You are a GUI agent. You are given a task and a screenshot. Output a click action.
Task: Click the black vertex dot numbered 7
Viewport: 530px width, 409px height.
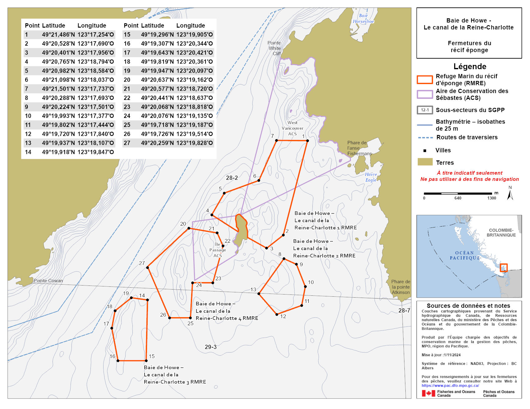[276, 141]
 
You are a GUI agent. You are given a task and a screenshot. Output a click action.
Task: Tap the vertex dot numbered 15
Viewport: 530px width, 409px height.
[146, 361]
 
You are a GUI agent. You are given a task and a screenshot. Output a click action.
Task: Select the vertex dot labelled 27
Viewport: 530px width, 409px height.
[147, 267]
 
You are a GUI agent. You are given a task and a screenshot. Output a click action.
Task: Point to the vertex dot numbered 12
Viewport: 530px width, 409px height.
[277, 314]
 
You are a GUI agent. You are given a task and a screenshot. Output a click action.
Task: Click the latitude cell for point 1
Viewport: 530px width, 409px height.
[58, 35]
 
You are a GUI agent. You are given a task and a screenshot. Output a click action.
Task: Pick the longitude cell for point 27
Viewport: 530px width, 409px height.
[195, 143]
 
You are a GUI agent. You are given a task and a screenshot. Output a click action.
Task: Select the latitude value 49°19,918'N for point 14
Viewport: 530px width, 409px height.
[58, 152]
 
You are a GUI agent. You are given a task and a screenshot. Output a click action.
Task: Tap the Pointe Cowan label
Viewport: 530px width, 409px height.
[48, 281]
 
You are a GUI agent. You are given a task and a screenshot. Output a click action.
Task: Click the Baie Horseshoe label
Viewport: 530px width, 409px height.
[363, 19]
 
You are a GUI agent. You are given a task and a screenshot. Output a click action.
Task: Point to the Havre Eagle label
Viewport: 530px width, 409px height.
[371, 177]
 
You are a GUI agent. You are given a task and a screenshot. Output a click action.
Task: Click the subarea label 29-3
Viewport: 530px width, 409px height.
[210, 347]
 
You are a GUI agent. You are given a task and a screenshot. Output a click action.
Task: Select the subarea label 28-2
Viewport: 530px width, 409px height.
[232, 178]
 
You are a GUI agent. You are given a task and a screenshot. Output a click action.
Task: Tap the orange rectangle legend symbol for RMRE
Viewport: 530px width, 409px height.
[425, 80]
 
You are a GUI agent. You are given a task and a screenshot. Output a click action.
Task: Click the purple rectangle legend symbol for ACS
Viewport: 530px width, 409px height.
[425, 94]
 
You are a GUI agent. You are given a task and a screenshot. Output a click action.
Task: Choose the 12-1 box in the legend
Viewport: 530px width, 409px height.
[425, 110]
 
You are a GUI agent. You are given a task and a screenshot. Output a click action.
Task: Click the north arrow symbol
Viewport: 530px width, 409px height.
[510, 194]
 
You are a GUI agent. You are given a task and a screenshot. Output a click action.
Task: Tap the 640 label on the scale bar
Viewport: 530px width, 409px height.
[458, 198]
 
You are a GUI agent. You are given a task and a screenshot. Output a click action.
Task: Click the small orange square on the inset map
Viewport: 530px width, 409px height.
[503, 267]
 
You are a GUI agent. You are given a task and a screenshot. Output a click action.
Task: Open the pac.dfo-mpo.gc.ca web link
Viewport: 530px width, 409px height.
[450, 385]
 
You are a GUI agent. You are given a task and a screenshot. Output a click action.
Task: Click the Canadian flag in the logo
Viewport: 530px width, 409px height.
[428, 393]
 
